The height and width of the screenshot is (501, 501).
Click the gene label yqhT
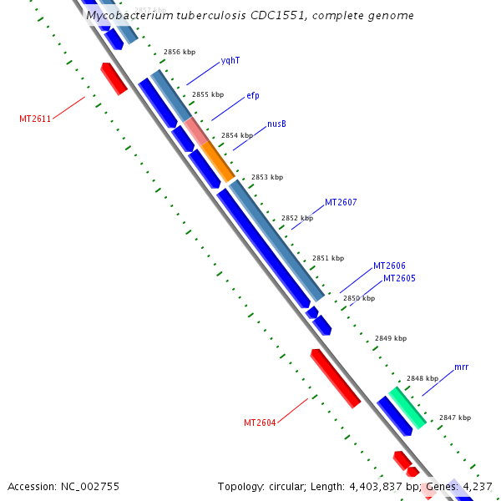pyautogui.click(x=230, y=61)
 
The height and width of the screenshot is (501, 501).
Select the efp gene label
pyautogui.click(x=253, y=96)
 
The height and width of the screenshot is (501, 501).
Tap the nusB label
pyautogui.click(x=276, y=124)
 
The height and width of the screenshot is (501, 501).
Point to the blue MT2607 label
pyautogui.click(x=341, y=203)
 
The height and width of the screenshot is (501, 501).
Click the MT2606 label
pyautogui.click(x=389, y=266)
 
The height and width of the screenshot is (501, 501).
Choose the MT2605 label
pyautogui.click(x=399, y=278)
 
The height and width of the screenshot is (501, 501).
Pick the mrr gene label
pyautogui.click(x=461, y=367)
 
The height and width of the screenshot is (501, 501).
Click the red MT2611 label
pyautogui.click(x=35, y=119)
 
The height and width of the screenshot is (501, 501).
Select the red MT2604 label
pyautogui.click(x=260, y=423)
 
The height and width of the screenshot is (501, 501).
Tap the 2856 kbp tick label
pyautogui.click(x=180, y=52)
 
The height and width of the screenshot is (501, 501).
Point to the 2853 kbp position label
pyautogui.click(x=267, y=177)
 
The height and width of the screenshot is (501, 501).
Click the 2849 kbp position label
pyautogui.click(x=391, y=338)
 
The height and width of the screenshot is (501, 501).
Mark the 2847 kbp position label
pyautogui.click(x=455, y=417)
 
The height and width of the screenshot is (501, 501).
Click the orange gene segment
pyautogui.click(x=217, y=162)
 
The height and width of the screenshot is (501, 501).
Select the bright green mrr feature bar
pyautogui.click(x=407, y=407)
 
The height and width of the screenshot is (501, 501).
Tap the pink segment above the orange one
pyautogui.click(x=196, y=131)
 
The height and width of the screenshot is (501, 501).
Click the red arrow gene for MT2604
pyautogui.click(x=335, y=378)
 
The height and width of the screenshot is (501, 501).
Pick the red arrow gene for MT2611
pyautogui.click(x=114, y=78)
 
